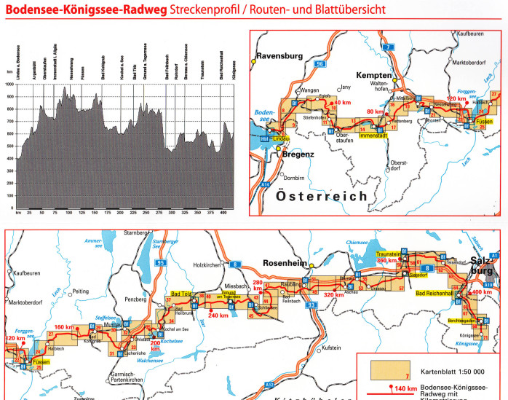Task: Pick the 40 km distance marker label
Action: point(342,103)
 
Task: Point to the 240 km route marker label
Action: point(218,315)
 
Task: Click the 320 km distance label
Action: point(334,295)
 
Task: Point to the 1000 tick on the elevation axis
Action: point(9,85)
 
